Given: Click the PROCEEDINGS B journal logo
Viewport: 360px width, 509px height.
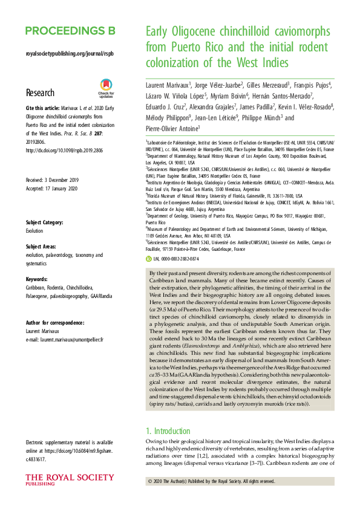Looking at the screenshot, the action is [x=70, y=31].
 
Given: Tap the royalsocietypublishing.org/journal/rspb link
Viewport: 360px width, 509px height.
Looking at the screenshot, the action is [x=70, y=54].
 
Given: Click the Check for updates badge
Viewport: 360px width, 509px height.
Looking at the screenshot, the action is [x=106, y=88].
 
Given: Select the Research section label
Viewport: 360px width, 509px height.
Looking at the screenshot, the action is [x=40, y=93].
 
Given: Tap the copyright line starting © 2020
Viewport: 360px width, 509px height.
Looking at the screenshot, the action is [x=211, y=481].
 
